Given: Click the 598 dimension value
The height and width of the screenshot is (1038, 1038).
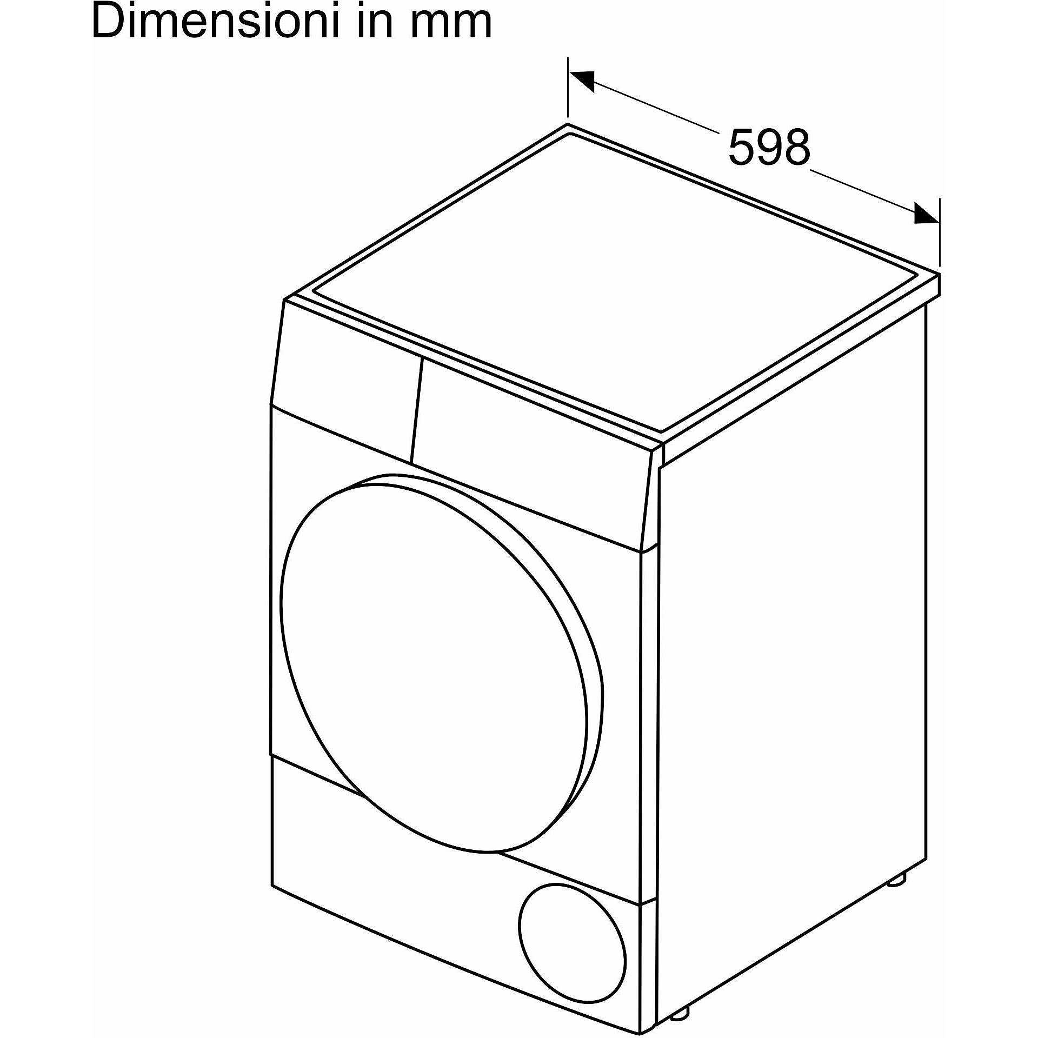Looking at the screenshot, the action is pos(769,147).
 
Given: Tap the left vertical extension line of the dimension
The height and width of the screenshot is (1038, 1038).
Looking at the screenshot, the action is pos(568,87).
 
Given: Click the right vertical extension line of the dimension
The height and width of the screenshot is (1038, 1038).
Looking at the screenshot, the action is pos(940,232).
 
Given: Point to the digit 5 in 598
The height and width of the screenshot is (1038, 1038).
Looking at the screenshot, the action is pos(741,147).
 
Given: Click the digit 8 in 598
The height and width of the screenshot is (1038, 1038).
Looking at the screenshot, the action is pos(797,147).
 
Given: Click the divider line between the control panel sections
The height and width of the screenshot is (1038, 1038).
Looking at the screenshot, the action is pos(417,410).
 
